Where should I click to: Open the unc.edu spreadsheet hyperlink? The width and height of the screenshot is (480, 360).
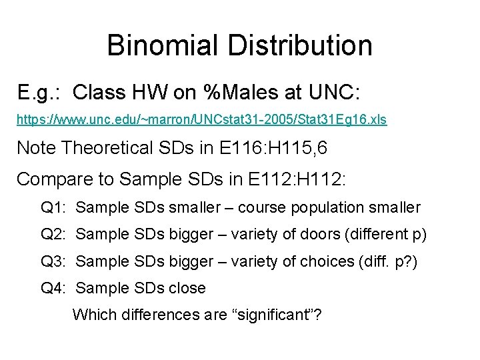pyautogui.click(x=201, y=120)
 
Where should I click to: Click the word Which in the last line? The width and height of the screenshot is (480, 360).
pyautogui.click(x=92, y=314)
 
